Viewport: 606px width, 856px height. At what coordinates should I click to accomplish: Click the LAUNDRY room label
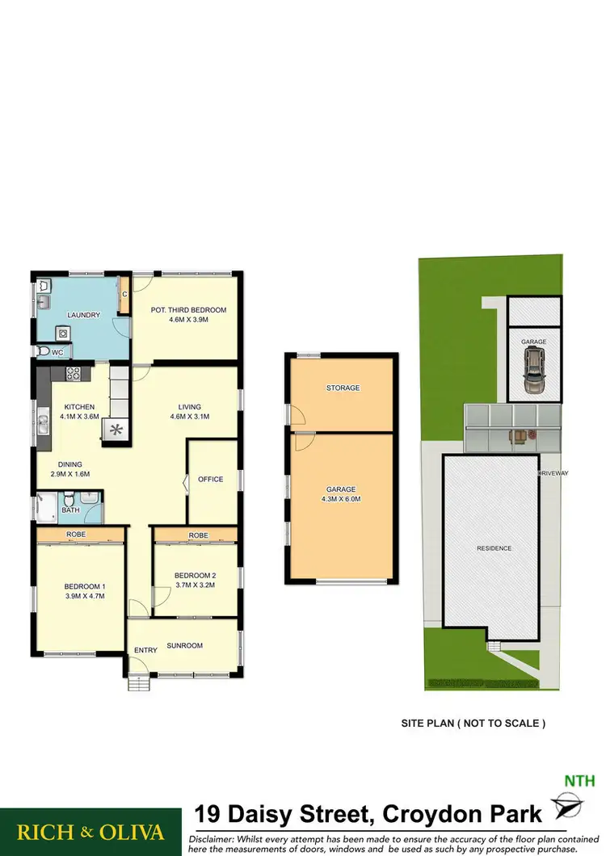(x=84, y=315)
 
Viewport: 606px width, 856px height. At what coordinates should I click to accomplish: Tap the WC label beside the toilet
(x=57, y=352)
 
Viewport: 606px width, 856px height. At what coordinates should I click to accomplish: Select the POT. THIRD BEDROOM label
(x=187, y=310)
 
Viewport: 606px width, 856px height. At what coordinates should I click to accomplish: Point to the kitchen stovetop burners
(x=72, y=373)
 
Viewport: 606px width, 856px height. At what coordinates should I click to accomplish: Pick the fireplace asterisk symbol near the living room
(x=115, y=430)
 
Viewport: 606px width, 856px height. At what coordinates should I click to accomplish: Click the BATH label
(x=70, y=510)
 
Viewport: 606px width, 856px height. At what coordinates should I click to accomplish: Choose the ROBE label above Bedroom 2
(x=198, y=535)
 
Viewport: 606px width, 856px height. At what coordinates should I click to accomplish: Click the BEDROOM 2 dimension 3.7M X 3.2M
(x=195, y=585)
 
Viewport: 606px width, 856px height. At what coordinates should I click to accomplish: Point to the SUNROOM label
(x=185, y=645)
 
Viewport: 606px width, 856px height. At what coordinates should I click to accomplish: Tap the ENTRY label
(x=145, y=650)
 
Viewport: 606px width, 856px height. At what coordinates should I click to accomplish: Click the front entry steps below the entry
(x=140, y=683)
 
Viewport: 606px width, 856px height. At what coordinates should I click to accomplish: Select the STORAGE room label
(x=343, y=388)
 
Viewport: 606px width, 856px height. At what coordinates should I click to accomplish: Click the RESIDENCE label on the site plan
(x=494, y=548)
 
